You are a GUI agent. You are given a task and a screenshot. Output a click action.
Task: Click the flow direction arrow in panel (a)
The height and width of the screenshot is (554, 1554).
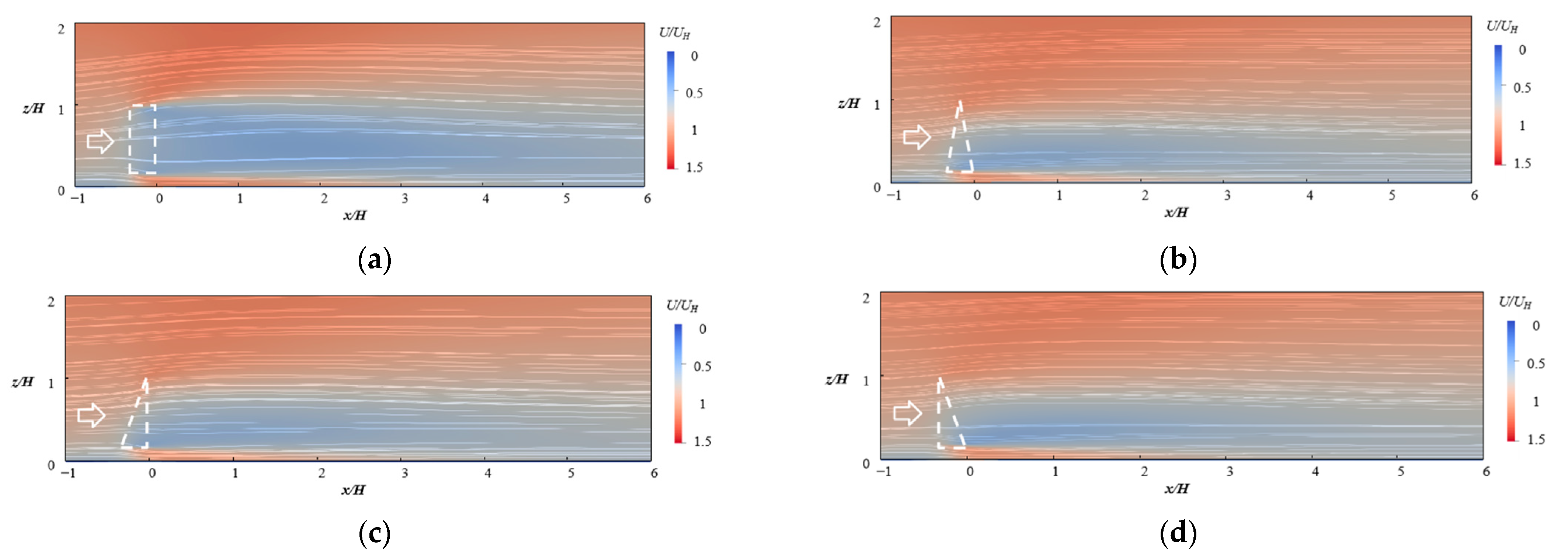(x=100, y=141)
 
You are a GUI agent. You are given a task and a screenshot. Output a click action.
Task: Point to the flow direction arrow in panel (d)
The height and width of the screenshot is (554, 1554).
(x=907, y=413)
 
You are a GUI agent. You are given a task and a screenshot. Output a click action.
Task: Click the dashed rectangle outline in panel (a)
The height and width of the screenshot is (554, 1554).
(x=142, y=105)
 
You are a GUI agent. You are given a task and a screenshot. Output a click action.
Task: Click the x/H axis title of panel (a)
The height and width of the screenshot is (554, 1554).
(x=355, y=215)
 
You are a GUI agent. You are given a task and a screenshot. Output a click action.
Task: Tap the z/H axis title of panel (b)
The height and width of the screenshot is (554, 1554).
(x=849, y=103)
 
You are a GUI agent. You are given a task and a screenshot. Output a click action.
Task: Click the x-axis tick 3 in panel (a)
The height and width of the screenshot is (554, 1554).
(x=405, y=198)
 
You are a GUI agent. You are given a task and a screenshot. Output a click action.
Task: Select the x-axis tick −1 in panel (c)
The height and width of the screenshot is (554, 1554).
(x=68, y=473)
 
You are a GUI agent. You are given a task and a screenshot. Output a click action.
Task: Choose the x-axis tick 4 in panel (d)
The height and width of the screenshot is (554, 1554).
(x=1316, y=471)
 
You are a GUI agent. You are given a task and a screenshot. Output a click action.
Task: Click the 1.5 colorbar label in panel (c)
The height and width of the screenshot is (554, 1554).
(x=702, y=441)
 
